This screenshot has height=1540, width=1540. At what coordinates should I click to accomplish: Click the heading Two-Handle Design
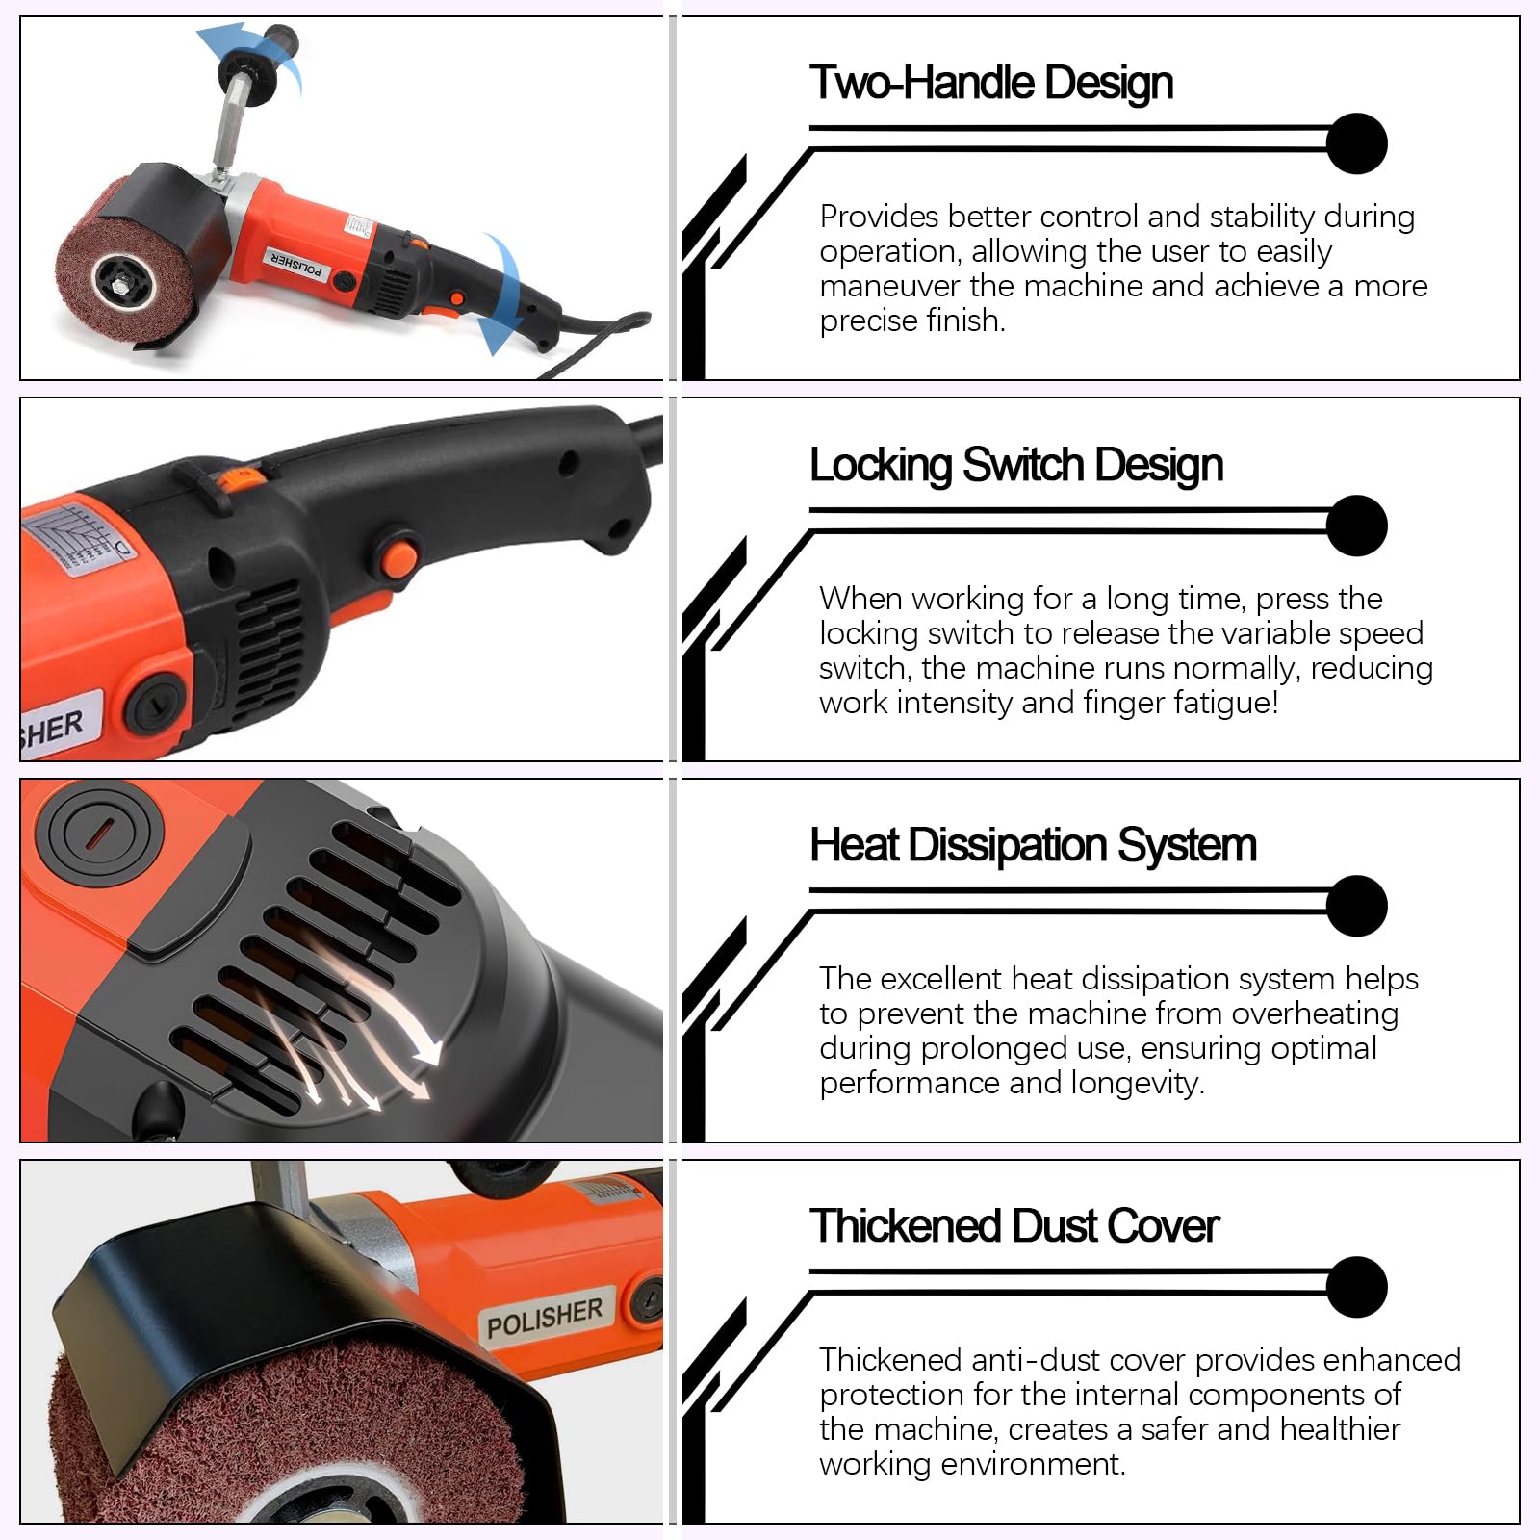pyautogui.click(x=991, y=83)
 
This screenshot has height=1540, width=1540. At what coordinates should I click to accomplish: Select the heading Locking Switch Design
pyautogui.click(x=1016, y=465)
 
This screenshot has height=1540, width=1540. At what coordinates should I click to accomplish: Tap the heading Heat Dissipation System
pyautogui.click(x=1033, y=845)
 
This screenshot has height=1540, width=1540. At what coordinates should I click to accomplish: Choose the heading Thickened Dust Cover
pyautogui.click(x=1014, y=1226)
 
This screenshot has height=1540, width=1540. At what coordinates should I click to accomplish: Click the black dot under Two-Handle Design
pyautogui.click(x=1356, y=144)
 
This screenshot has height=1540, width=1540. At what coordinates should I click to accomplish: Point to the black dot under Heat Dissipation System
pyautogui.click(x=1356, y=906)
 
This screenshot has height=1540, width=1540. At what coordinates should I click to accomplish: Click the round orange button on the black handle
pyautogui.click(x=398, y=558)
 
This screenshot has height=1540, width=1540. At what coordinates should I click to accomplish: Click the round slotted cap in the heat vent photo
pyautogui.click(x=99, y=828)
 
